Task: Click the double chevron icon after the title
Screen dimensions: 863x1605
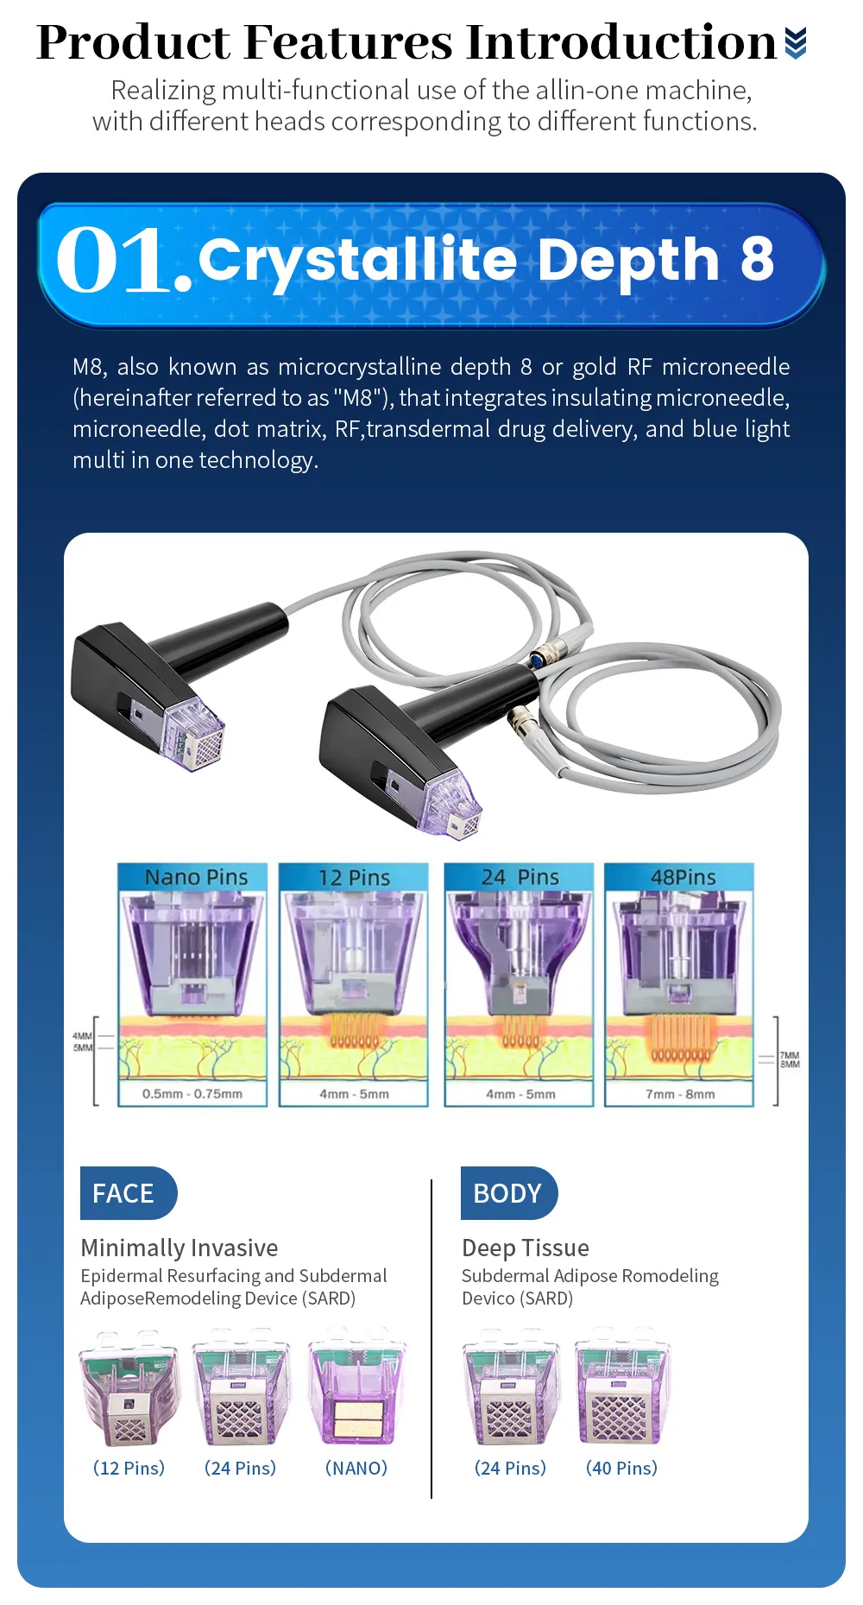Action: coord(796,42)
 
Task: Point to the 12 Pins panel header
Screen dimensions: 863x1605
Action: coord(354,876)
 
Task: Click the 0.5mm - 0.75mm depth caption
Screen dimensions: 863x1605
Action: coord(192,1094)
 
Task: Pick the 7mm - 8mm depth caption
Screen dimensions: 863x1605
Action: coord(680,1094)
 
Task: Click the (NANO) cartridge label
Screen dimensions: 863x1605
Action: coord(356,1468)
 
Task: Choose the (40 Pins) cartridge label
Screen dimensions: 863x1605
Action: coord(621,1468)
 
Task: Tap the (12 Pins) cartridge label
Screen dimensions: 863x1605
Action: coord(129,1468)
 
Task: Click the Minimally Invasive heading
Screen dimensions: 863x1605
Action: coord(180,1248)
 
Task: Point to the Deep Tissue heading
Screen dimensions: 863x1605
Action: coord(526,1248)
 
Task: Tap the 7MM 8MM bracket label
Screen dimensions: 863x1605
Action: coord(790,1060)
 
